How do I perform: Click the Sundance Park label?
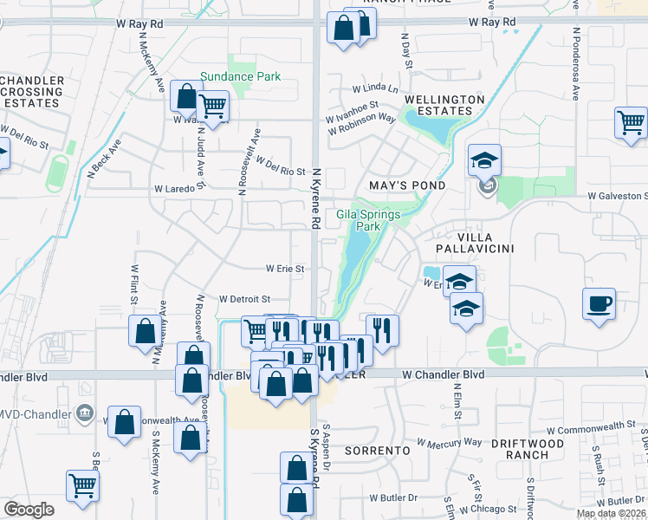coord(240,76)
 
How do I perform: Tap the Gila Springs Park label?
coord(359,220)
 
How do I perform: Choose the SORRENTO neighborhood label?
coord(377,452)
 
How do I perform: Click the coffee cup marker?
coord(599,304)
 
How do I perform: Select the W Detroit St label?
coord(245,299)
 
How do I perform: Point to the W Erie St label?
coord(285,269)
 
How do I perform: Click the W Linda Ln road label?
coord(375,89)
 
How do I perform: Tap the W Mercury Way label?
coord(449,442)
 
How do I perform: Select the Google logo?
coord(29,510)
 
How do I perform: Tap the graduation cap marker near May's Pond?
coord(484,159)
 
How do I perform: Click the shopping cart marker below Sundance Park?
coord(212,107)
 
